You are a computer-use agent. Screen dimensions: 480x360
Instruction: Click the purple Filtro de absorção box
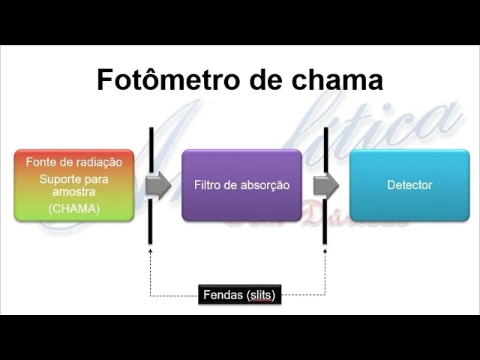coord(241,184)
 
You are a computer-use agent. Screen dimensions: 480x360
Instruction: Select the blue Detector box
coord(409,184)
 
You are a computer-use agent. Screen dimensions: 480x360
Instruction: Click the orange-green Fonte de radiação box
coord(74,184)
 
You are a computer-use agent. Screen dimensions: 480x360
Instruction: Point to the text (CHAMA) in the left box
coord(74,208)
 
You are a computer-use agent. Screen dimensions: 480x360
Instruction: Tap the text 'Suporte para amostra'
coord(74,185)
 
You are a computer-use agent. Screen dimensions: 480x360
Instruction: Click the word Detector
coord(409,184)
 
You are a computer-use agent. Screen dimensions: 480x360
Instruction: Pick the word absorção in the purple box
coord(263,184)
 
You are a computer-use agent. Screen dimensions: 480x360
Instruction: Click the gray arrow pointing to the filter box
coord(158,184)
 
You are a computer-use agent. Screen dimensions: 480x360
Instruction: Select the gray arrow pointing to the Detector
coord(325,184)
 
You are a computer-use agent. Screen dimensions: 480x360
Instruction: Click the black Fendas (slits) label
coord(239,295)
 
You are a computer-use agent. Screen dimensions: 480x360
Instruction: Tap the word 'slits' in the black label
coord(262,295)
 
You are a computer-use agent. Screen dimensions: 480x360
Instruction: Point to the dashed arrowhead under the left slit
coord(151,250)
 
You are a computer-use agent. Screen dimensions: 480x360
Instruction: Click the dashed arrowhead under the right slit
coord(325,250)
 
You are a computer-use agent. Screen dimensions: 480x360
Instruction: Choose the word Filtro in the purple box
coord(208,184)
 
